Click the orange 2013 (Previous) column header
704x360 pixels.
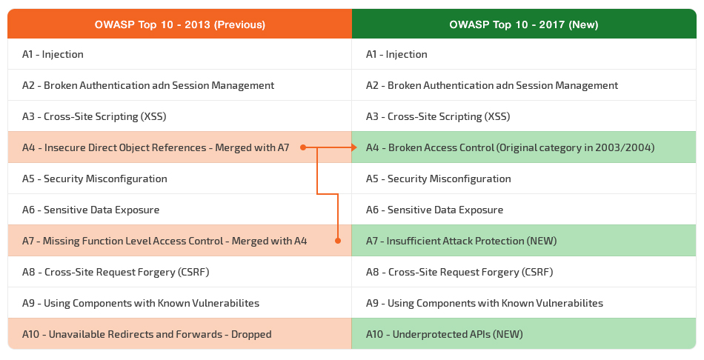coord(179,24)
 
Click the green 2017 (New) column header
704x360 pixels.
coord(524,24)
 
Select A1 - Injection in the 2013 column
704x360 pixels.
coord(53,54)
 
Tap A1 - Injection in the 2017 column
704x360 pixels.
coord(396,54)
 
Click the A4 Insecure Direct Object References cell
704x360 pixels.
coord(179,147)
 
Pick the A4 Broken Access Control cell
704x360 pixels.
coord(524,147)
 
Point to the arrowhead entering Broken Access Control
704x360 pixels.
coord(353,147)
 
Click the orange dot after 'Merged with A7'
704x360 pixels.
coord(303,147)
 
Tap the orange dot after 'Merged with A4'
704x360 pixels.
coord(338,241)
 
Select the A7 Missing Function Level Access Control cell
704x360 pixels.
coord(179,241)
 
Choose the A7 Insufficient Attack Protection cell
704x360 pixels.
coord(524,241)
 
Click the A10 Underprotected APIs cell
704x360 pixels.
coord(524,334)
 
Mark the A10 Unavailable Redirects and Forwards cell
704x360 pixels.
coord(179,334)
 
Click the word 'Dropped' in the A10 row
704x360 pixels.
coord(251,334)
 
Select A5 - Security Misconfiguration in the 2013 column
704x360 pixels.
coord(94,179)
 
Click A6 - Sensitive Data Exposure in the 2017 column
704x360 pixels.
coord(434,210)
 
